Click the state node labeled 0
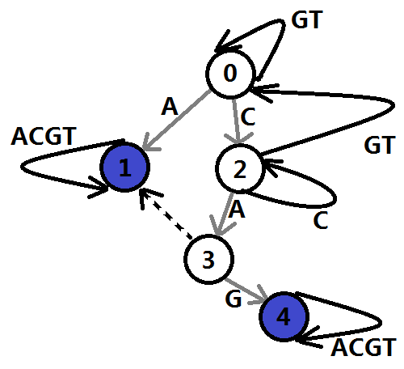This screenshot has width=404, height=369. click(x=230, y=74)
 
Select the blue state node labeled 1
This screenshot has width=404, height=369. click(x=124, y=168)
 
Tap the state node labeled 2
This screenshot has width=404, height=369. click(x=240, y=169)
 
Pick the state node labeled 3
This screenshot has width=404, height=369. click(x=208, y=260)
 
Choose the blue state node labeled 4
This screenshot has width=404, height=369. click(x=284, y=316)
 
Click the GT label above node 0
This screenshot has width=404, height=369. click(x=306, y=19)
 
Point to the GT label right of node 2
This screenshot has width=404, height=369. click(x=379, y=145)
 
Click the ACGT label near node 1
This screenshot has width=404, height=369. click(x=44, y=136)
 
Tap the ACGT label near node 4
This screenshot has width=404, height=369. click(x=364, y=347)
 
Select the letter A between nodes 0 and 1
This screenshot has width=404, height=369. click(x=170, y=107)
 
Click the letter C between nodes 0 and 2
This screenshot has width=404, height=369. click(x=248, y=117)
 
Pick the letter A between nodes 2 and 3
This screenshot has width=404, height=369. click(x=237, y=209)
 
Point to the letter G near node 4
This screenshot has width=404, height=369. click(x=234, y=299)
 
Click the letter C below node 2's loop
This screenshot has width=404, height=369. click(x=321, y=220)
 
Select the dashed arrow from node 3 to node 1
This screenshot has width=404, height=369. click(x=166, y=214)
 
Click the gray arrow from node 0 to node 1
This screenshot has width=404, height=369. click(x=176, y=120)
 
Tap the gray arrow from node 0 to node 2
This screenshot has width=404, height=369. click(x=236, y=121)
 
